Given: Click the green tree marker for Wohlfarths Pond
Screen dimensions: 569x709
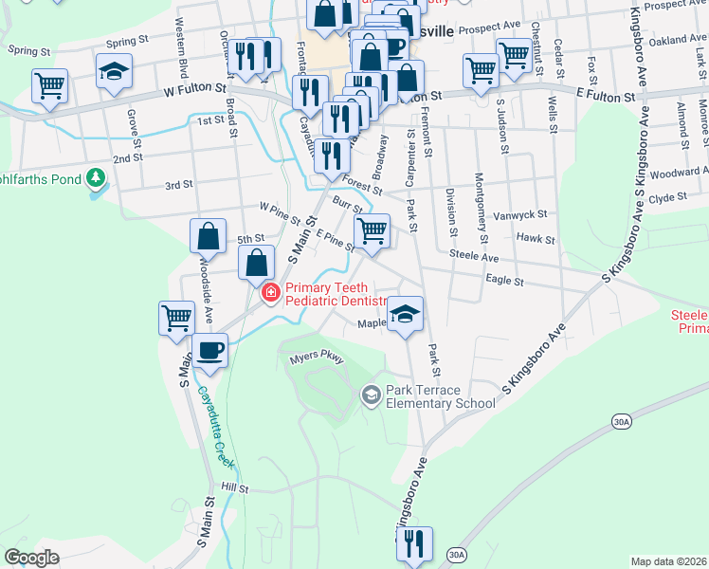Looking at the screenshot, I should [x=95, y=177].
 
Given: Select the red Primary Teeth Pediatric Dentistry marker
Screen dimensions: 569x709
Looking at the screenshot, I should [x=271, y=293].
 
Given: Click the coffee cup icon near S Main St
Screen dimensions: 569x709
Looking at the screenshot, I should [x=210, y=351].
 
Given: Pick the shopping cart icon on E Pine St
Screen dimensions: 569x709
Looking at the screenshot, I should [x=372, y=229].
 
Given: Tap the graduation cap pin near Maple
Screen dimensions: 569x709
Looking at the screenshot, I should [x=405, y=313].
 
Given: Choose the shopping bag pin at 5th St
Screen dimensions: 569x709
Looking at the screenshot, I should [x=209, y=236].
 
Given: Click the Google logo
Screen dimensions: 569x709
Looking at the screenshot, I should [x=32, y=558].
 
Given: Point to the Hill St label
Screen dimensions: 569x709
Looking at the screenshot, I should [x=234, y=488].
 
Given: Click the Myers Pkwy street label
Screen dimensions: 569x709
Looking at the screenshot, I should [x=316, y=358].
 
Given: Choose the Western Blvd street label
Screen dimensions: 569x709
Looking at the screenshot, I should [x=178, y=46].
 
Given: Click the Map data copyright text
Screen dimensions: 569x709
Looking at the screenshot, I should [x=667, y=561].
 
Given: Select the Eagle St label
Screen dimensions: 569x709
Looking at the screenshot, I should [x=504, y=281].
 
